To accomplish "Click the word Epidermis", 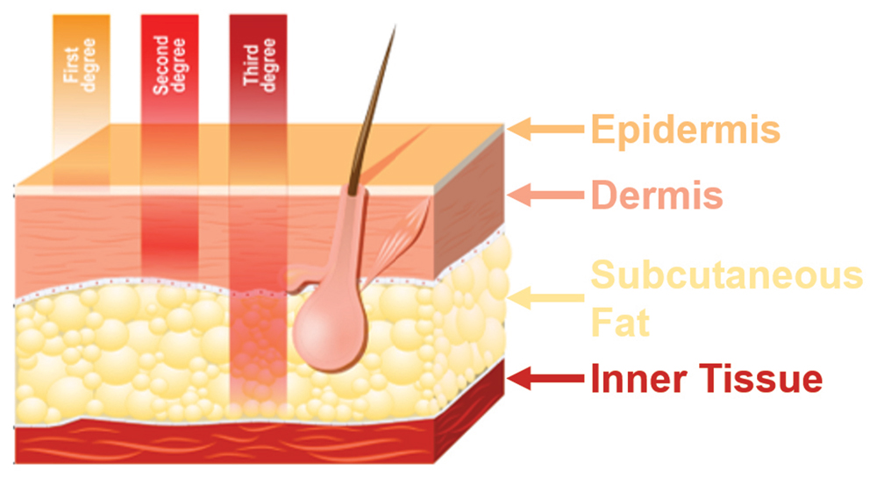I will pos(685,129).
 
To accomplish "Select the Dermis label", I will pos(656,196).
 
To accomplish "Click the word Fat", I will pos(620,323).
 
